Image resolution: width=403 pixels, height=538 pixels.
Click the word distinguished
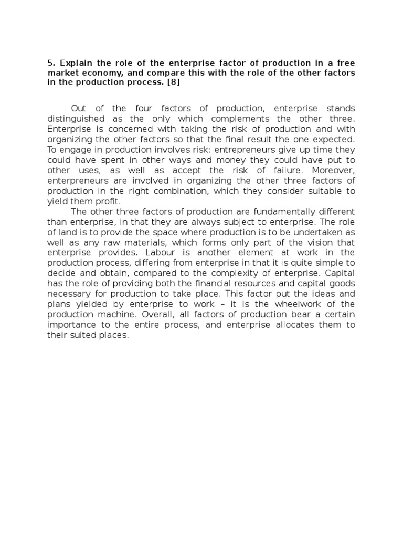(75, 119)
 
